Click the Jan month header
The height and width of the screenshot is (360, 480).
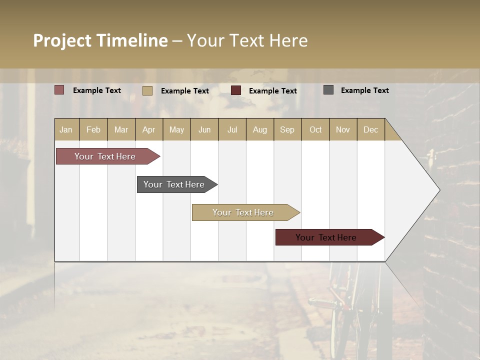66,129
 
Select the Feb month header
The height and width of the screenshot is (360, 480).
93,129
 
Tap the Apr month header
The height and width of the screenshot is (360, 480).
149,129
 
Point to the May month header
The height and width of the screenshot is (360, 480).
176,129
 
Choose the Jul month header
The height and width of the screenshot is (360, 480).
232,129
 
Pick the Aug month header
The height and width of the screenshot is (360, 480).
260,129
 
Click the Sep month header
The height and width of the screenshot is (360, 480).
287,129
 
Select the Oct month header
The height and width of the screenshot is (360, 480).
315,129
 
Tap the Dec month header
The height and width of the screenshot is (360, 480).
371,129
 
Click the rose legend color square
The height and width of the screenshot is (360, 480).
59,90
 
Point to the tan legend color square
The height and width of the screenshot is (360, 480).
147,90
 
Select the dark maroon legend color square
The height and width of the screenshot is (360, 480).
236,90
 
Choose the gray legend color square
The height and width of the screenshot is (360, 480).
328,90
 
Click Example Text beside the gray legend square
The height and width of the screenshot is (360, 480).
365,90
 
